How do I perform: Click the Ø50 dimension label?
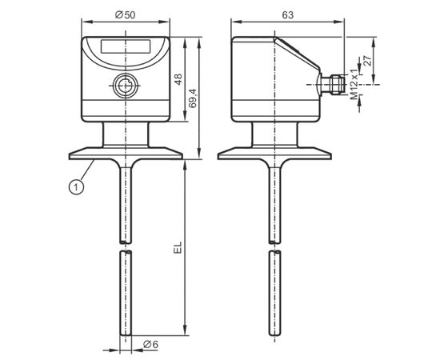coord(125,15)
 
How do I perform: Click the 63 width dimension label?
coord(288,15)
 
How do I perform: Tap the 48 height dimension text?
coord(178,79)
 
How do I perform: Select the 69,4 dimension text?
coord(193,98)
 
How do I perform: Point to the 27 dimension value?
coord(367,61)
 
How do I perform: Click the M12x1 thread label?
coord(354,85)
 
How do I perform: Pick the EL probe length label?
coord(178,247)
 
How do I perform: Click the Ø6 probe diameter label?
coord(150,344)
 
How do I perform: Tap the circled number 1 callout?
coord(76,186)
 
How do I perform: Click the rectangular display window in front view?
coord(126,46)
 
